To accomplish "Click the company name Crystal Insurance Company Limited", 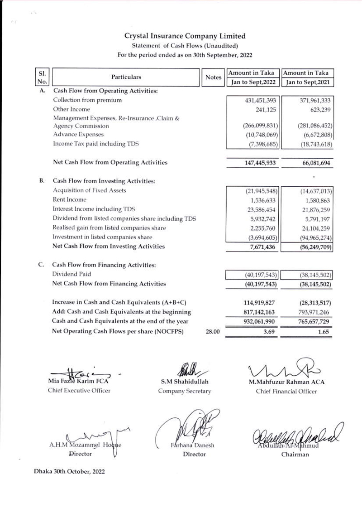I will pos(185,36).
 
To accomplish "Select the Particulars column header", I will pos(124,77).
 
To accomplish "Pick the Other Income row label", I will pos(71,109).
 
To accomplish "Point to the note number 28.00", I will pos(213,332).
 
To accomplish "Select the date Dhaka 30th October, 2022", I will pos(69,471).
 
